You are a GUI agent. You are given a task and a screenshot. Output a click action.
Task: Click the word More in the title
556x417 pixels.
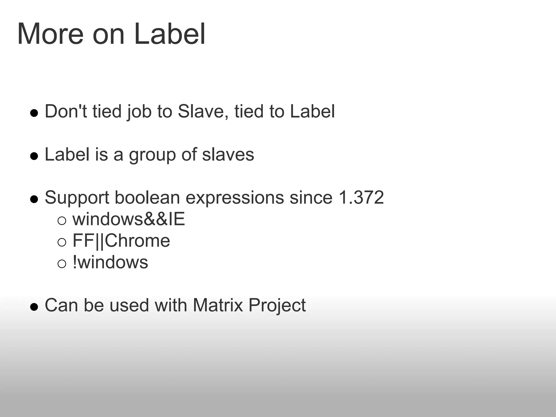pos(50,34)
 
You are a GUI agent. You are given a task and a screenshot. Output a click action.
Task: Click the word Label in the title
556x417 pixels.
pos(169,34)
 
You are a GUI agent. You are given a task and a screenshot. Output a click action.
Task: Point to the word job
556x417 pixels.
pos(139,112)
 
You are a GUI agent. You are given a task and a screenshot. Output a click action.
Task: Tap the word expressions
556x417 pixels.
pos(235,198)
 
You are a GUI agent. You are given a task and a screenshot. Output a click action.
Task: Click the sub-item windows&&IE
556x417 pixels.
pos(129,219)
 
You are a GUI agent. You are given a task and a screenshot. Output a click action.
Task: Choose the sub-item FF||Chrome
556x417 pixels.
pos(121,241)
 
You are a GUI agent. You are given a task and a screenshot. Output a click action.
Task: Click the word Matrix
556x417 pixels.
pos(218,305)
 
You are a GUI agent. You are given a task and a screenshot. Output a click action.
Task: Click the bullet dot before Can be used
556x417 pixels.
pos(34,307)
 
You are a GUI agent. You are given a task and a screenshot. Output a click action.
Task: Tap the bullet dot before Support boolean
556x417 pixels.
pos(34,199)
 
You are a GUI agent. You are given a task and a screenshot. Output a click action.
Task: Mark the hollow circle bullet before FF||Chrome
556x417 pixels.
pos(62,242)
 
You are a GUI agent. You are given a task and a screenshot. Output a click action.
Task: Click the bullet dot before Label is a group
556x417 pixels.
pos(34,156)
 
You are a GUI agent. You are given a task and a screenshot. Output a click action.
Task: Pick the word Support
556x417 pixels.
pos(77,198)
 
